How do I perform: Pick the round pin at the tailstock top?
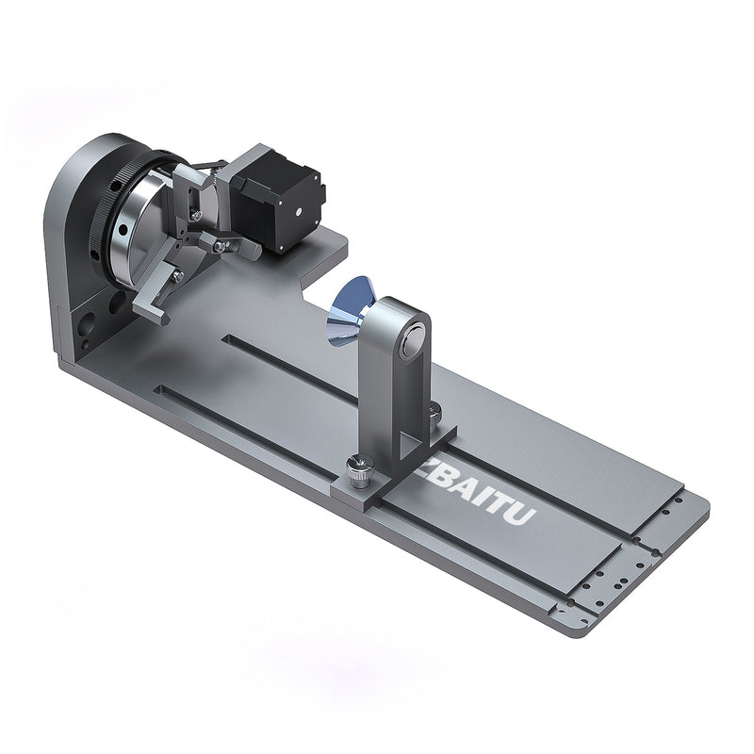[410, 345]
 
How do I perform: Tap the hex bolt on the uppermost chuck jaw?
[194, 215]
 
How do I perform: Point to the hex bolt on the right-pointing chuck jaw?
[221, 247]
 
